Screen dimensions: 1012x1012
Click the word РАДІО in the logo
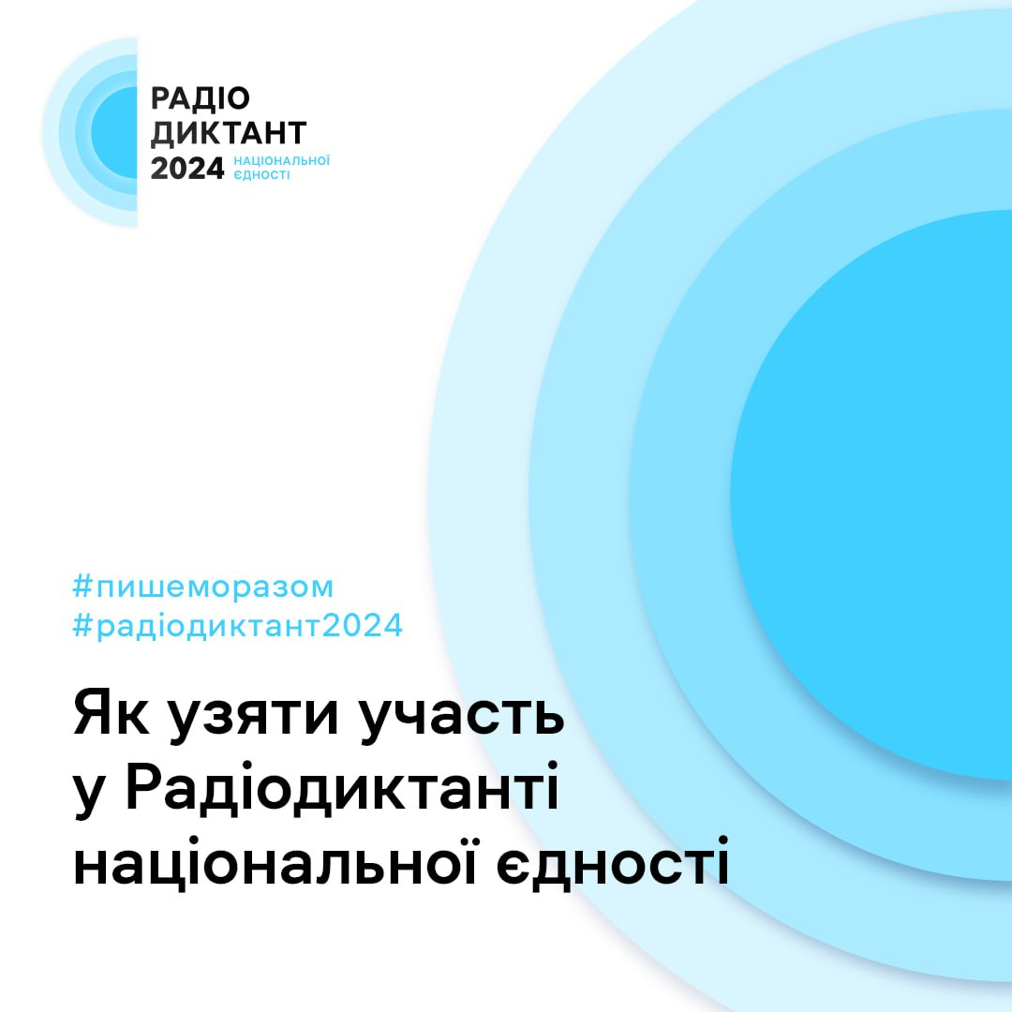(x=201, y=98)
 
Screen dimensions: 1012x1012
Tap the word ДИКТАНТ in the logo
(x=229, y=134)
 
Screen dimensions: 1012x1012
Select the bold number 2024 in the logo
(x=187, y=169)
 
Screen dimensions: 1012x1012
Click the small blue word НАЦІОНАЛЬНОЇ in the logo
(x=281, y=161)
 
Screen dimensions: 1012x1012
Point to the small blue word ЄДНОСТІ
(x=261, y=175)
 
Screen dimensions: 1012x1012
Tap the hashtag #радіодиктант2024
(x=237, y=625)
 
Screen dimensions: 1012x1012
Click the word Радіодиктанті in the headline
(x=341, y=785)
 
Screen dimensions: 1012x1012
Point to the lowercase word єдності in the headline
(x=613, y=860)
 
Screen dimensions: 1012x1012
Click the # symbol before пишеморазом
(x=82, y=586)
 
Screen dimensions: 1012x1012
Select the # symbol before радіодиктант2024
(x=82, y=625)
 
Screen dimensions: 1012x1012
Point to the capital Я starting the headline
(x=94, y=713)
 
